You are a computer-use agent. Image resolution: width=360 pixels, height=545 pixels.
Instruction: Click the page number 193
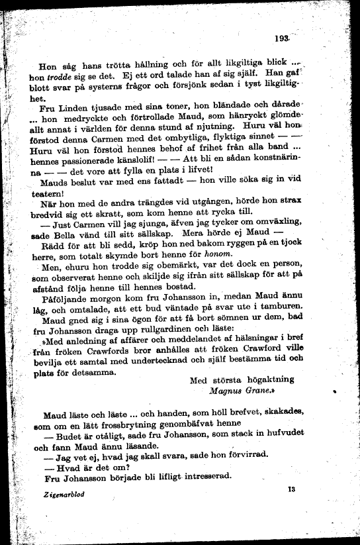(285, 39)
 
